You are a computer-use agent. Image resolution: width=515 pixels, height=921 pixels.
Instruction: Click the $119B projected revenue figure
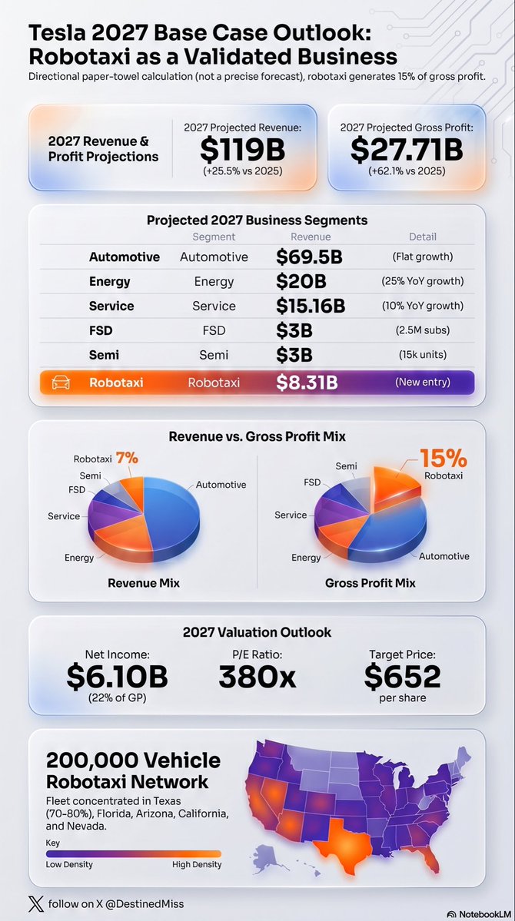(x=242, y=150)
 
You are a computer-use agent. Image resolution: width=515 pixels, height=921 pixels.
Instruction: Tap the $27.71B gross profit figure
(x=407, y=150)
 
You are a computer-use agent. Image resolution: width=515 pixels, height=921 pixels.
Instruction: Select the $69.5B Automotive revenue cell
(x=309, y=257)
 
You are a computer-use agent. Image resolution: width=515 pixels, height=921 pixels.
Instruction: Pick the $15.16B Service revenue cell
(x=311, y=306)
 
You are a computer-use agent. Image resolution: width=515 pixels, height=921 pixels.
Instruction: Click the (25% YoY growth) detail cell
(x=422, y=281)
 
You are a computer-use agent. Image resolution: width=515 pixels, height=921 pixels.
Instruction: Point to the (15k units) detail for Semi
(x=422, y=355)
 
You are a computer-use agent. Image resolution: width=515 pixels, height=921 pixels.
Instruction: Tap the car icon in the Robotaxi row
(x=61, y=383)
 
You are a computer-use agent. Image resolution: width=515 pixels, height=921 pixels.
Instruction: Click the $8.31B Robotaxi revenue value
(x=307, y=383)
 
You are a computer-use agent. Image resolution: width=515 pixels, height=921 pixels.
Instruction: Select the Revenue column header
(x=311, y=237)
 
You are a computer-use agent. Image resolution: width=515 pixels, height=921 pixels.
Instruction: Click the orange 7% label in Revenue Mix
(x=127, y=458)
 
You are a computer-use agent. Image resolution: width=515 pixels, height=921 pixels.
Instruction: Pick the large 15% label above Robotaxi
(x=444, y=458)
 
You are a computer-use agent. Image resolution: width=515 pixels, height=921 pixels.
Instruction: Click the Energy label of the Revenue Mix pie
(x=79, y=558)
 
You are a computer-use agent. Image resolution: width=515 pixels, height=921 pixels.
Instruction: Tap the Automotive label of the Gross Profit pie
(x=444, y=555)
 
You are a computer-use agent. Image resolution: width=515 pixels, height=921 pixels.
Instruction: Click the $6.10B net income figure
(x=117, y=676)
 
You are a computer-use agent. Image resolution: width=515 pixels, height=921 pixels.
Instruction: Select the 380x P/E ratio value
(x=257, y=676)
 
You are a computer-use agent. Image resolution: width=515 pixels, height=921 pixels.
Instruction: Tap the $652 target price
(x=402, y=676)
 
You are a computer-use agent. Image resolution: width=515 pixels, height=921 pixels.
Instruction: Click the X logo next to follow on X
(x=36, y=903)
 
